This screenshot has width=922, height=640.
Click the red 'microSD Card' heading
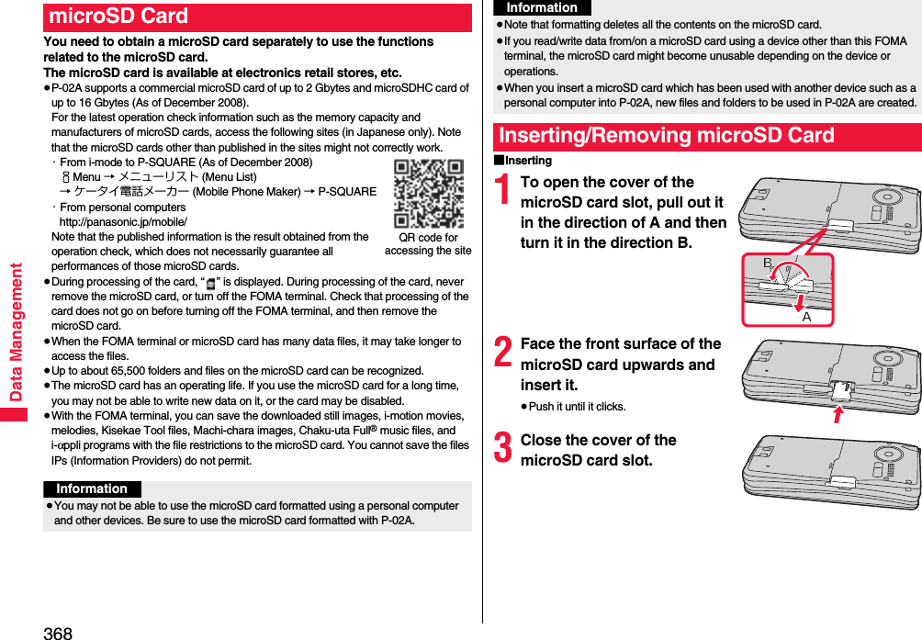click(x=119, y=17)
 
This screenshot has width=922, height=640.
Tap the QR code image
click(x=429, y=194)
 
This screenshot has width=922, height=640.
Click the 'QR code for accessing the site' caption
click(x=428, y=244)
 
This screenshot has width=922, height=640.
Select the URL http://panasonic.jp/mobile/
click(x=123, y=222)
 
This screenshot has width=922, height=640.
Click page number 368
click(x=57, y=632)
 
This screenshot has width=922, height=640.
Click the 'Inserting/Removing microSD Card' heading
click(x=667, y=136)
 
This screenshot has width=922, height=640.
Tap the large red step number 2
click(x=503, y=352)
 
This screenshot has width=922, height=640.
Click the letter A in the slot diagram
click(x=806, y=317)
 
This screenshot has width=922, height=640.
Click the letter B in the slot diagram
click(x=768, y=264)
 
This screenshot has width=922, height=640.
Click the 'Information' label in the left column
click(x=92, y=489)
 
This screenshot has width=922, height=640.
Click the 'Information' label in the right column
click(x=542, y=8)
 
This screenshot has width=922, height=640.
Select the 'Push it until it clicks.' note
click(x=577, y=407)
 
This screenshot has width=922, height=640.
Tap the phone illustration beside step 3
click(x=831, y=471)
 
